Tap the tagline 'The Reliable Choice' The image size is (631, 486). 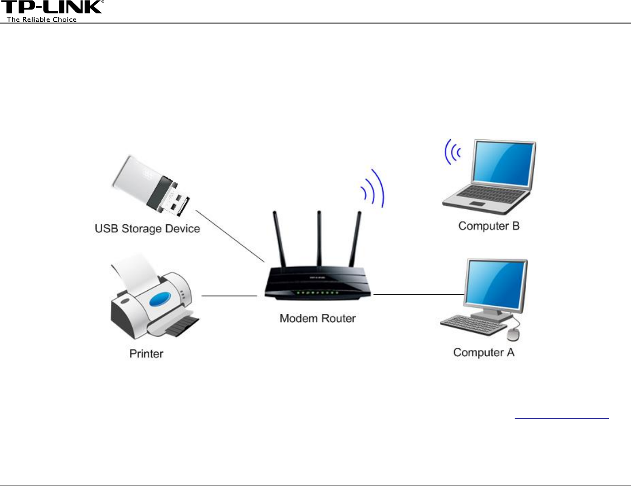tap(42, 19)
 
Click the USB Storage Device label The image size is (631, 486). tap(147, 229)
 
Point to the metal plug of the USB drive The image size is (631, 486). tap(177, 202)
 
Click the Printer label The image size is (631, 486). tap(146, 354)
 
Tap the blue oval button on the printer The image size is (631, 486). tap(159, 299)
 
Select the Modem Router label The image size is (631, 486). tap(317, 318)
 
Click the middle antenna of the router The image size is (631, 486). tap(319, 237)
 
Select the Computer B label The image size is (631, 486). tap(489, 226)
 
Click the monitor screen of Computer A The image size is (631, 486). tap(497, 284)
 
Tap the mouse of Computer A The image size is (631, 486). tap(513, 335)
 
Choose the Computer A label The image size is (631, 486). tap(483, 353)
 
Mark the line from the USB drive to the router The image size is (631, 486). tap(229, 236)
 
